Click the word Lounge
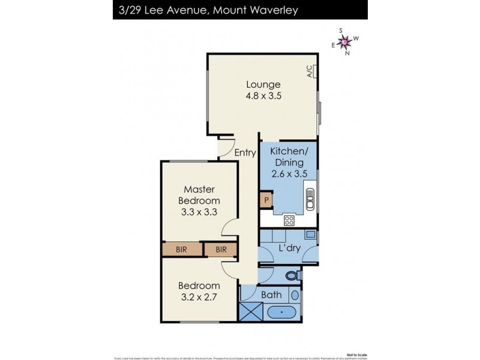tap(262, 84)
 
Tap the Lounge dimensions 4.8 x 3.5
tap(262, 95)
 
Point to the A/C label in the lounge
tap(310, 72)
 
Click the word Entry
tap(245, 152)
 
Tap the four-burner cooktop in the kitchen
tap(289, 220)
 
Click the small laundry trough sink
tap(310, 235)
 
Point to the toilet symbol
tap(292, 276)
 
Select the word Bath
tap(271, 295)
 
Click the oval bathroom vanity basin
tap(294, 295)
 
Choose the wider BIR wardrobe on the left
tap(180, 249)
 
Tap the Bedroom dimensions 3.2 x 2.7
tap(200, 296)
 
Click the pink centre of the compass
tap(345, 41)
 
